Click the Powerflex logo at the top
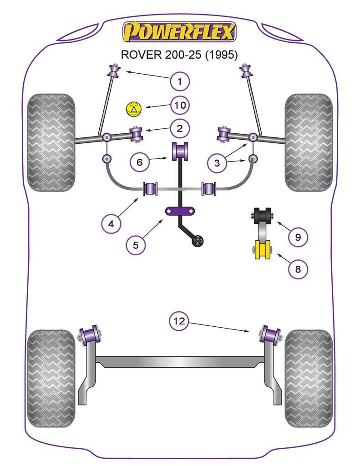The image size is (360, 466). pyautogui.click(x=179, y=32)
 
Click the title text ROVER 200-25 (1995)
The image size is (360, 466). pyautogui.click(x=179, y=55)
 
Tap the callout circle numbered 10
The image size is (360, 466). pyautogui.click(x=180, y=106)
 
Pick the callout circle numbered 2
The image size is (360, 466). pyautogui.click(x=180, y=129)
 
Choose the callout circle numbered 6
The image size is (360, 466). pyautogui.click(x=140, y=161)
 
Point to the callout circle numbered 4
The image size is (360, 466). pyautogui.click(x=112, y=223)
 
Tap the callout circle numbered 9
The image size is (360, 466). pyautogui.click(x=298, y=237)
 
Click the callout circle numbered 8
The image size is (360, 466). pyautogui.click(x=298, y=269)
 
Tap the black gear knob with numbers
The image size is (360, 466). pyautogui.click(x=198, y=241)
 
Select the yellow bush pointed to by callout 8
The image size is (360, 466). pyautogui.click(x=262, y=250)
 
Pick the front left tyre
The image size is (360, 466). pyautogui.click(x=51, y=142)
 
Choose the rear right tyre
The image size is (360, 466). pyautogui.click(x=309, y=378)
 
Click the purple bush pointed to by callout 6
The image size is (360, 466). pyautogui.click(x=180, y=151)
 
